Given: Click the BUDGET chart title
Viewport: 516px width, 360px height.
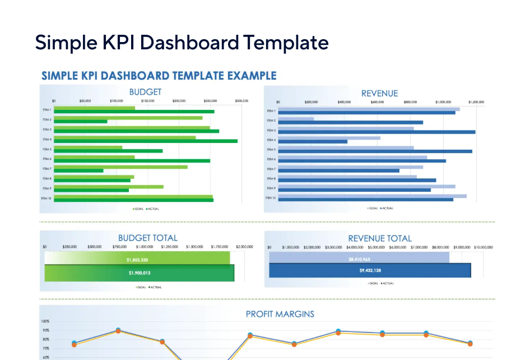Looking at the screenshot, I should pos(145,92).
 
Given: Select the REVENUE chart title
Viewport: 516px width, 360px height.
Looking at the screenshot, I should pos(379,94).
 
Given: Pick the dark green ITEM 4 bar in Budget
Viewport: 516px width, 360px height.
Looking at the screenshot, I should pos(146,141).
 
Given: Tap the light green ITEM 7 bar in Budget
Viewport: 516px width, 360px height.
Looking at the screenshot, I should pos(120,167).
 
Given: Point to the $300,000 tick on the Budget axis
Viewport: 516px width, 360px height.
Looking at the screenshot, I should pos(241,101).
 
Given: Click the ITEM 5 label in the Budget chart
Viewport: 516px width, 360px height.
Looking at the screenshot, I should pos(47,149).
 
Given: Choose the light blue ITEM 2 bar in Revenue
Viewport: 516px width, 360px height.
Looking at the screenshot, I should pos(296,119).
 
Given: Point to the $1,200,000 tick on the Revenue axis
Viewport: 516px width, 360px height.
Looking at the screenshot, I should pos(476,103).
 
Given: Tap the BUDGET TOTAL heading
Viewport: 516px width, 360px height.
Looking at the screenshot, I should pos(147,238).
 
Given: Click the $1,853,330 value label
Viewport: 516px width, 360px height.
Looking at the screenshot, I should pos(137,260).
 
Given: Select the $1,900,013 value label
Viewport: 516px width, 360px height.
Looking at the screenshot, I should pos(139,273).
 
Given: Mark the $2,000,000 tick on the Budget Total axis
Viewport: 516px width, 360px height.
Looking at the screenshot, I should pos(244,247).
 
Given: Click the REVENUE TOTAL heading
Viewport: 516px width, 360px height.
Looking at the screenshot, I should pos(380,238).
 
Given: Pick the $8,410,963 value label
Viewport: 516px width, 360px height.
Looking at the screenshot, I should pos(359,260).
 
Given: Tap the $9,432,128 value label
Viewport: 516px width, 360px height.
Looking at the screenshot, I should pos(370,270).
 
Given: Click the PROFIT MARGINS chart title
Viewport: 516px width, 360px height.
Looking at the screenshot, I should pos(280,314).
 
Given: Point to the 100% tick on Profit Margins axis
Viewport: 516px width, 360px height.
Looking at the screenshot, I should pos(45,321).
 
